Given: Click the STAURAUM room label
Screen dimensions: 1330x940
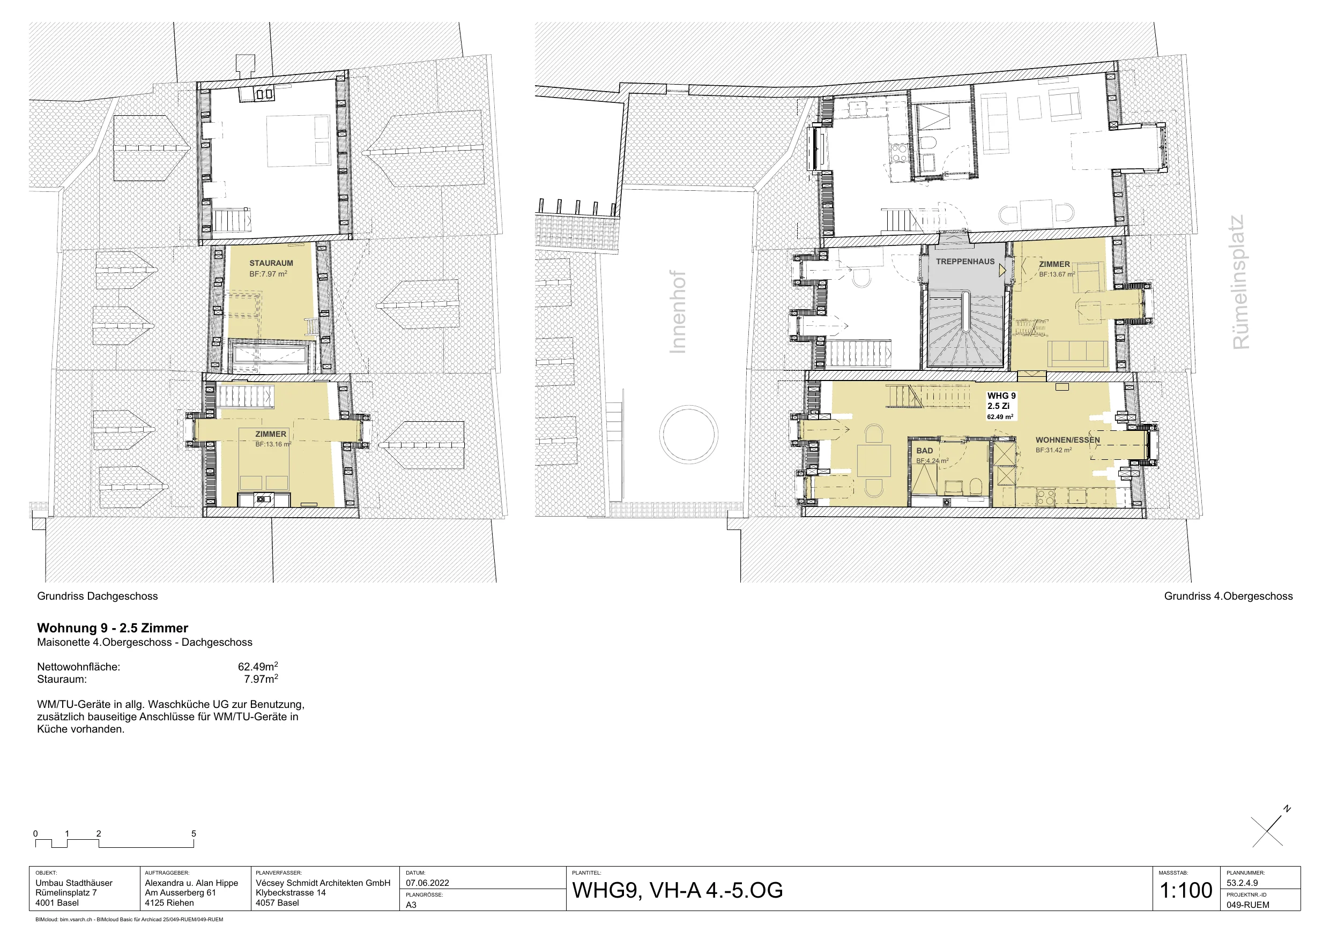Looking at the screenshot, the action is pyautogui.click(x=271, y=263).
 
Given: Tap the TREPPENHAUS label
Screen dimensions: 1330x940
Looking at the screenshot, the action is pyautogui.click(x=965, y=262).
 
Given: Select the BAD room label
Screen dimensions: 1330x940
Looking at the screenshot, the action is pyautogui.click(x=925, y=451).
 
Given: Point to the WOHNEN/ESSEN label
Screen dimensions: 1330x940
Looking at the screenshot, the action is pyautogui.click(x=1067, y=440).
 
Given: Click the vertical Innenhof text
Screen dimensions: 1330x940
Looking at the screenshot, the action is pyautogui.click(x=677, y=311).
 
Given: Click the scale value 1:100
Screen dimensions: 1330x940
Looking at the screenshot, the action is pyautogui.click(x=1186, y=890).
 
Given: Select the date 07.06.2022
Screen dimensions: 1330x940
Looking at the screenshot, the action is pyautogui.click(x=427, y=883).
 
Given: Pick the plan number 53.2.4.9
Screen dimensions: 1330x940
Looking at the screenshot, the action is pyautogui.click(x=1242, y=883).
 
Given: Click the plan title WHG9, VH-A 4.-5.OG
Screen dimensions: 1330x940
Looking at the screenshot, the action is pyautogui.click(x=677, y=890).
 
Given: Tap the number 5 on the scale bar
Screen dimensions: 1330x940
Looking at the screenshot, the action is pyautogui.click(x=194, y=833).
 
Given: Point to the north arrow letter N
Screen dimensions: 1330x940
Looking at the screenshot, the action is pyautogui.click(x=1287, y=809).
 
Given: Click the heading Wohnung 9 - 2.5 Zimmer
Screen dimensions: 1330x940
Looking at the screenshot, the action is pyautogui.click(x=113, y=628).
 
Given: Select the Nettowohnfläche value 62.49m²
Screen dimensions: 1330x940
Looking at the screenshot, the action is pyautogui.click(x=258, y=666).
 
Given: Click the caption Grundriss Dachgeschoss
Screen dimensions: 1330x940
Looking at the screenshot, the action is pyautogui.click(x=98, y=596).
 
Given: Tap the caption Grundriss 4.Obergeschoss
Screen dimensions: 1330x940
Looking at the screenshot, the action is pyautogui.click(x=1228, y=596).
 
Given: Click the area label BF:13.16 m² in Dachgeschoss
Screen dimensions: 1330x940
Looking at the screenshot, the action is pyautogui.click(x=273, y=444).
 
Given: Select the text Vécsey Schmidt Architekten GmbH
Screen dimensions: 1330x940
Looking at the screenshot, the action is pyautogui.click(x=323, y=883).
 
